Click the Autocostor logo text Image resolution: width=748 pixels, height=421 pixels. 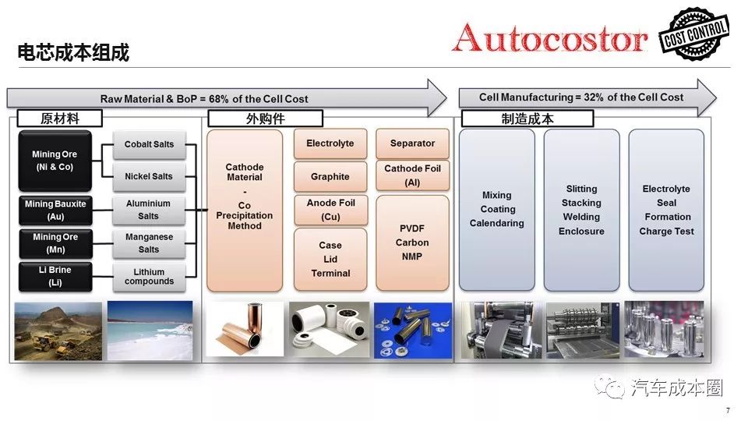(549, 37)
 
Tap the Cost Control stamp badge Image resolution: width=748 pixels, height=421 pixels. (693, 33)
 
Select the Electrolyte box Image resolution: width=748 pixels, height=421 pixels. (330, 143)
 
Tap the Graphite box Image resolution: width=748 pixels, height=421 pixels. (330, 177)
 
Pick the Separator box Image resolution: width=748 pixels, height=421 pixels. (412, 143)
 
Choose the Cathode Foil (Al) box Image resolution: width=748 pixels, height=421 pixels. (412, 175)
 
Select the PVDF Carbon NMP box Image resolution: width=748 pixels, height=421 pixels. (412, 242)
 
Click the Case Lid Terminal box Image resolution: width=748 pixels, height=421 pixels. (330, 259)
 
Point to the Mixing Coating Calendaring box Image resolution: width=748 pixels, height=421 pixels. (497, 210)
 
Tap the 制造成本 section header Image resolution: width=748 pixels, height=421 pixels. (527, 119)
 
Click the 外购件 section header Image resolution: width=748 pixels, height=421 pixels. (266, 119)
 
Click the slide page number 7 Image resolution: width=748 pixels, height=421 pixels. (728, 411)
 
